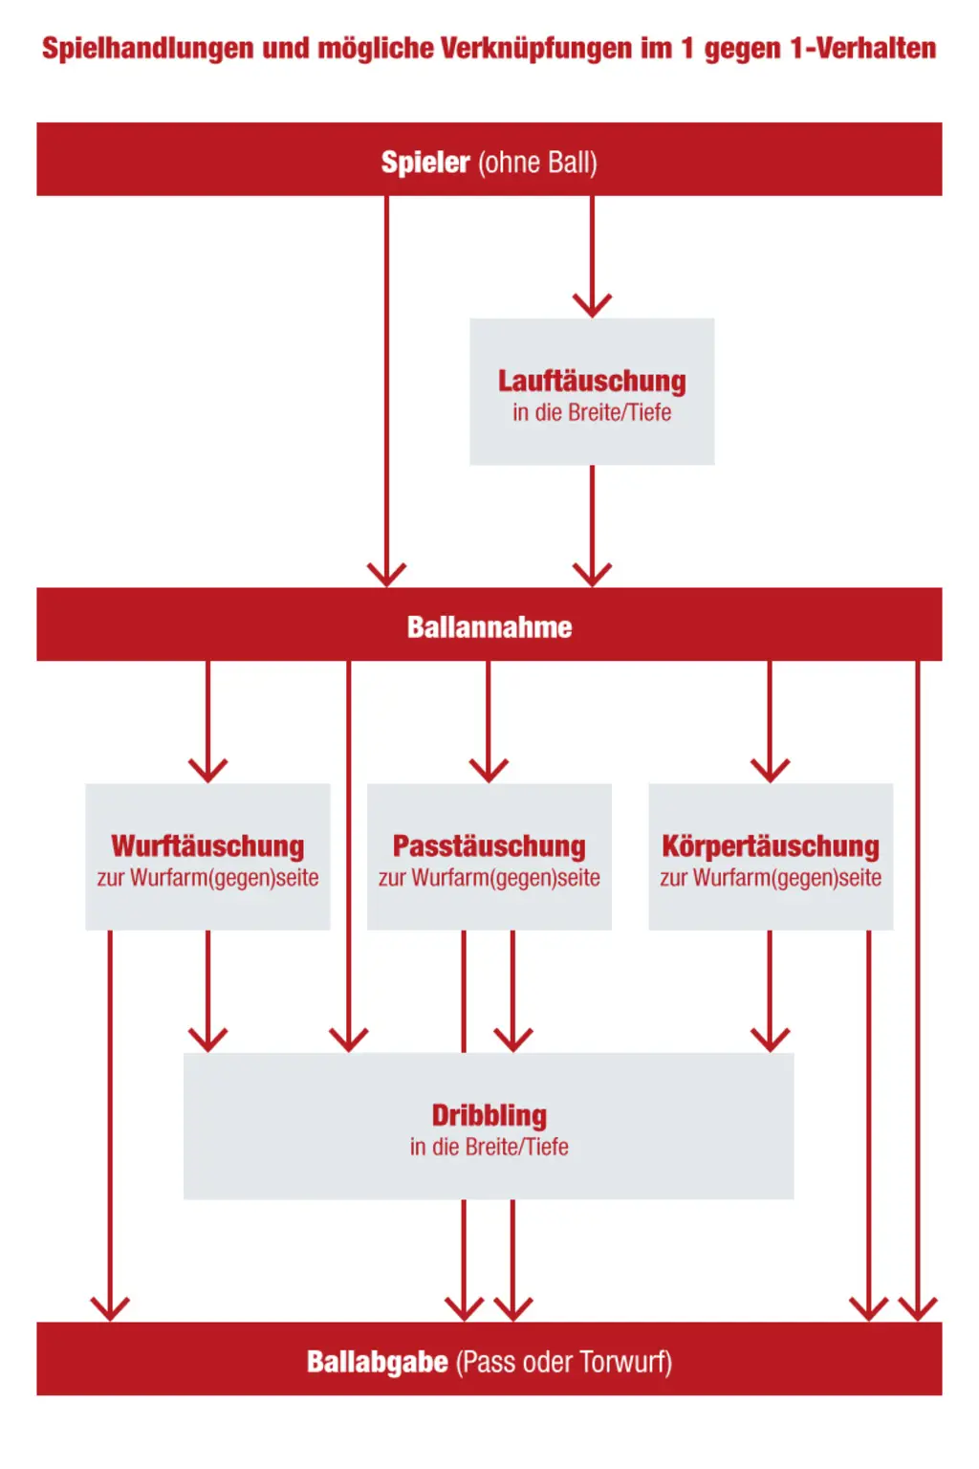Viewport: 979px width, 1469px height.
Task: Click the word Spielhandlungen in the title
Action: (x=147, y=49)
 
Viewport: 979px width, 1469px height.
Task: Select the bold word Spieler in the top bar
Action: (x=425, y=162)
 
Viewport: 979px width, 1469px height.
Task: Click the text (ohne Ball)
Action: (x=537, y=163)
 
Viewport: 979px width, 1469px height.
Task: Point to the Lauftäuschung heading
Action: (x=592, y=381)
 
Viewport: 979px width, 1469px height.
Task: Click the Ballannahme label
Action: (x=489, y=627)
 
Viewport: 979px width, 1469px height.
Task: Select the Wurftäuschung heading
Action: (x=207, y=846)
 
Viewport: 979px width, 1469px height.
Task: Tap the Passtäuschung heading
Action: (x=489, y=846)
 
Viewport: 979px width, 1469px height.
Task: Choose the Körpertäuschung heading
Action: (x=771, y=846)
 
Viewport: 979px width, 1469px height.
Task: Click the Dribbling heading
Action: (x=489, y=1115)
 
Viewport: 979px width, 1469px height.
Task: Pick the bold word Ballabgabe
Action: (x=378, y=1362)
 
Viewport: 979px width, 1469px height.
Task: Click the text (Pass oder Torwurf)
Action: (x=564, y=1363)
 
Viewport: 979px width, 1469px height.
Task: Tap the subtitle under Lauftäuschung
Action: (x=592, y=412)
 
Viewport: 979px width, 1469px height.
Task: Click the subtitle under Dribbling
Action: (x=489, y=1147)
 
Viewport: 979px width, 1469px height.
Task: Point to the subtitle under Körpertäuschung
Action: (x=771, y=877)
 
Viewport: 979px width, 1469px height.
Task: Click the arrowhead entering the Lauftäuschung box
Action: (x=592, y=306)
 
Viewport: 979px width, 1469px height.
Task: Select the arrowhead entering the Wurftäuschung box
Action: (x=207, y=771)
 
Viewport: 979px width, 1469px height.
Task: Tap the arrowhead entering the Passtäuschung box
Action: (x=489, y=771)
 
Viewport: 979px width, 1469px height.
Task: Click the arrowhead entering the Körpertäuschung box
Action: (x=770, y=771)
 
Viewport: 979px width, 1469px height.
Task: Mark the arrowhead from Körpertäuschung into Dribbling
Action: (x=770, y=1041)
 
